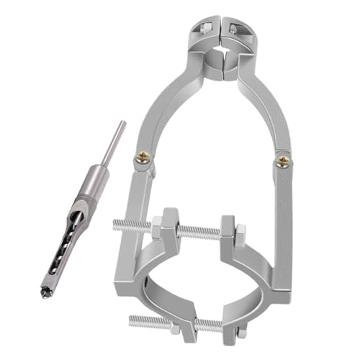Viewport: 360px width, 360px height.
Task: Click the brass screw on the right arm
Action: point(284,160)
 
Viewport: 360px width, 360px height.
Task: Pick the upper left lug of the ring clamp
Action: point(170,228)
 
